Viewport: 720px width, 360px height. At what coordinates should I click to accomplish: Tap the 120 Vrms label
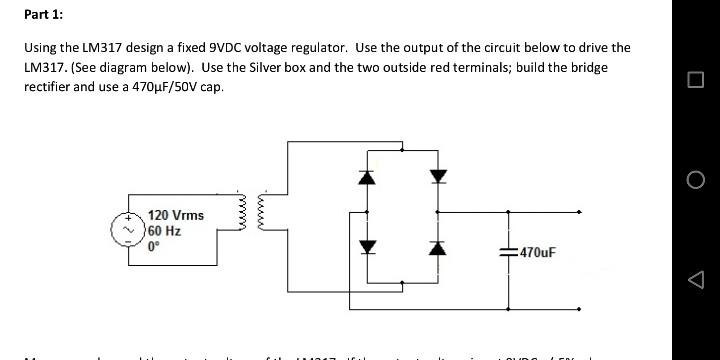click(x=176, y=215)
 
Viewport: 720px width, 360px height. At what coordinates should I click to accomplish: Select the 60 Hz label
click(x=164, y=230)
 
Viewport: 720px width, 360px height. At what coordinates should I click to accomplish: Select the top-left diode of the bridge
click(x=366, y=178)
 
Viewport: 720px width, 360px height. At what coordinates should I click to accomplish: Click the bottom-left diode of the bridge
click(x=366, y=245)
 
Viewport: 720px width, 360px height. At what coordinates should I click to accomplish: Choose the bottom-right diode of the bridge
click(x=436, y=245)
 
